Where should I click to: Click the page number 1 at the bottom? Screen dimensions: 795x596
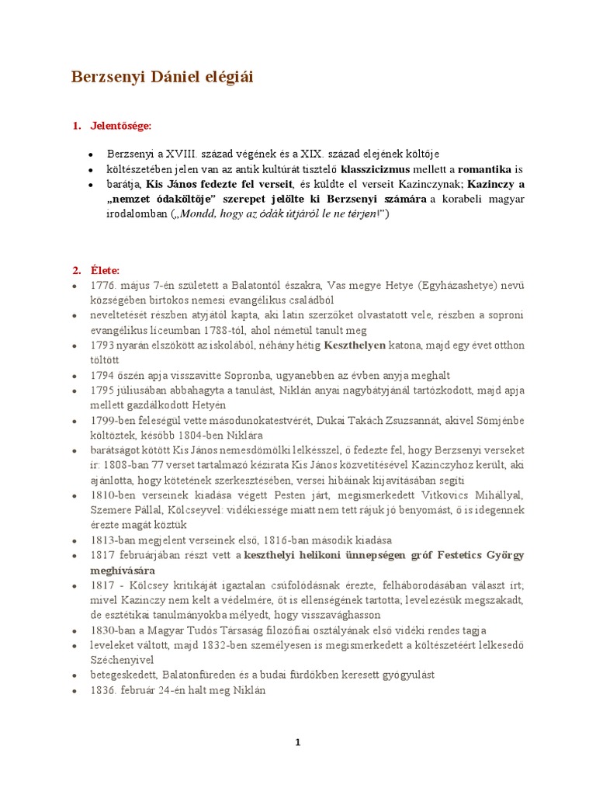click(297, 742)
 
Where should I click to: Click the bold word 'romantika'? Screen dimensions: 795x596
click(485, 168)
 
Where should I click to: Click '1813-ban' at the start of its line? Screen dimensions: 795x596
click(113, 540)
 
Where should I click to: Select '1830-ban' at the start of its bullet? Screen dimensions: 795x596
click(113, 630)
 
